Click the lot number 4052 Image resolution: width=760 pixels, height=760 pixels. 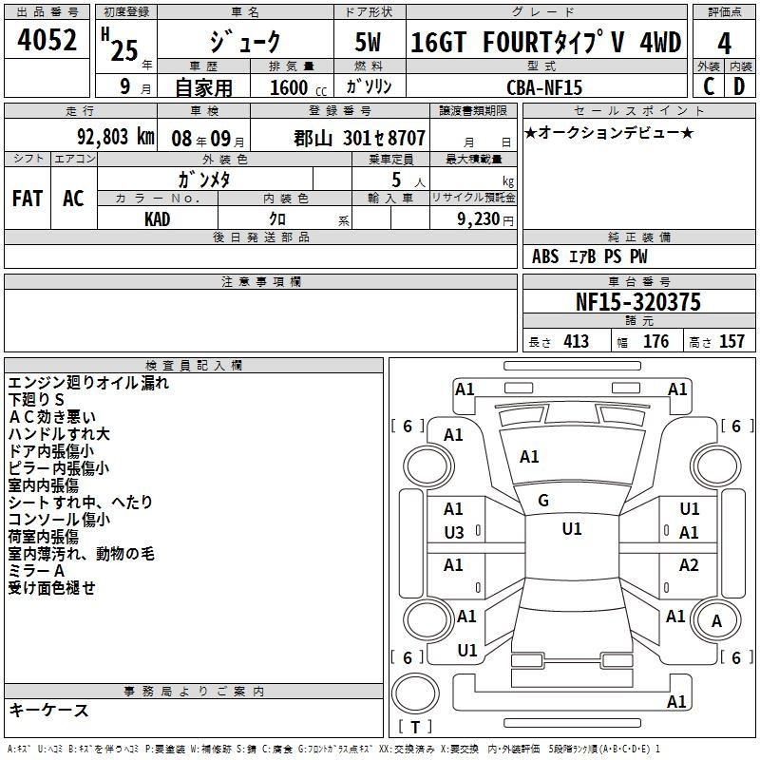pyautogui.click(x=47, y=40)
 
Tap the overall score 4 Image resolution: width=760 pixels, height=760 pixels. pyautogui.click(x=724, y=44)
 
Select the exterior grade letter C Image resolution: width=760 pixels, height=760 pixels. pyautogui.click(x=709, y=86)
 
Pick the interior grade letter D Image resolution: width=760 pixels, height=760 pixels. pyautogui.click(x=739, y=86)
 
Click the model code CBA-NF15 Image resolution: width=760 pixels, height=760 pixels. pyautogui.click(x=544, y=87)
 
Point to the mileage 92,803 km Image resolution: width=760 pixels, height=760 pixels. pyautogui.click(x=116, y=137)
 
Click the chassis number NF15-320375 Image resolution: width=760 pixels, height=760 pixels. pyautogui.click(x=638, y=302)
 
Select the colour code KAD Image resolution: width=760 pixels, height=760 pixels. pyautogui.click(x=158, y=219)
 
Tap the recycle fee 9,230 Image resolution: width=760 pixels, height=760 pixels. pyautogui.click(x=479, y=219)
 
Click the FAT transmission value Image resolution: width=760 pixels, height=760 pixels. pyautogui.click(x=28, y=199)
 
